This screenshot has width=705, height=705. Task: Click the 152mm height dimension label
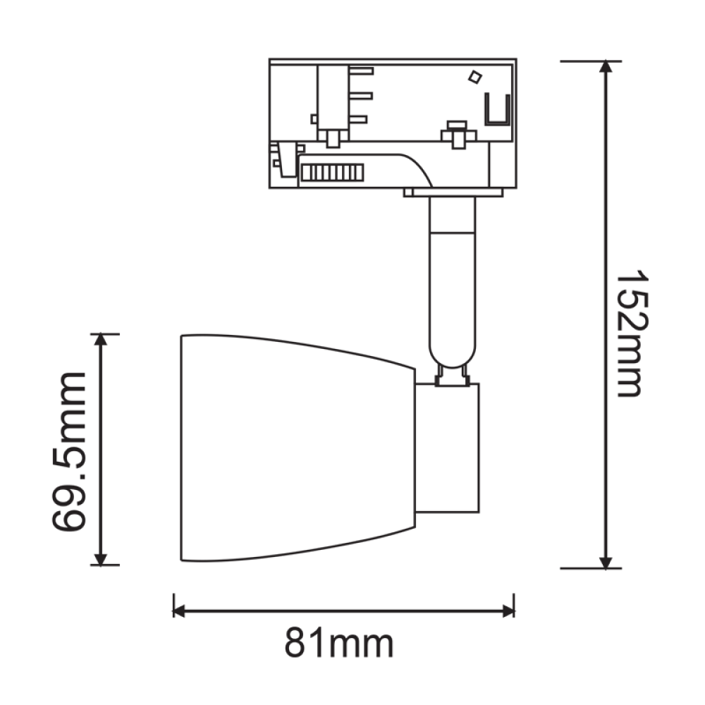click(x=630, y=333)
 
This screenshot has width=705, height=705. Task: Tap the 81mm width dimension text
click(x=339, y=644)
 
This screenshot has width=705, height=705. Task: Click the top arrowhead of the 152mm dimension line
click(x=606, y=68)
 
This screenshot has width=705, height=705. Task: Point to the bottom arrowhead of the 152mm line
click(x=606, y=561)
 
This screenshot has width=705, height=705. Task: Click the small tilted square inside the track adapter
click(x=475, y=76)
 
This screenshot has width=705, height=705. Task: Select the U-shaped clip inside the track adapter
click(x=498, y=111)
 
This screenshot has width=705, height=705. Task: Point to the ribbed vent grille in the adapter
click(x=331, y=172)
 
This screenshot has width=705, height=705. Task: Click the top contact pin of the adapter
click(x=360, y=70)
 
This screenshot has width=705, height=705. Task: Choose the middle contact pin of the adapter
click(x=360, y=95)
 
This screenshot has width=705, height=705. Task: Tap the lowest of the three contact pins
click(x=360, y=120)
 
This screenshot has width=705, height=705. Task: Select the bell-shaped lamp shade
click(x=296, y=449)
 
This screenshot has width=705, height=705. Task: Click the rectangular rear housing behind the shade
click(x=447, y=448)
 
